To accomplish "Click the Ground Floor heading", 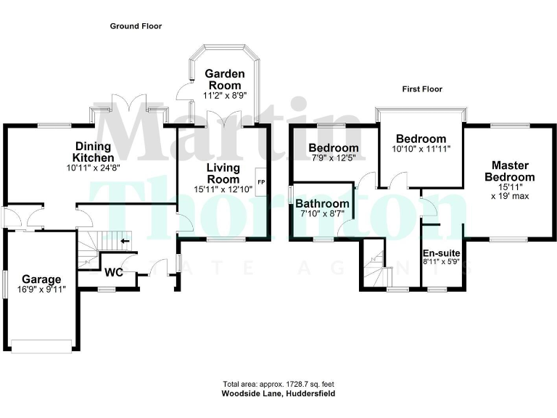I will pos(136,26).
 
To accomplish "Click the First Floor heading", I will pos(422,89).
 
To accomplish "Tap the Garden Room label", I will pos(223,80).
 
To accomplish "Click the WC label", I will pos(113,273).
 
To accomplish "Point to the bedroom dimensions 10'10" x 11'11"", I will pos(421,149).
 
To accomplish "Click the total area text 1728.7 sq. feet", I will pos(278,384).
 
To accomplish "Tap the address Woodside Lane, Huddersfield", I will pos(278,393).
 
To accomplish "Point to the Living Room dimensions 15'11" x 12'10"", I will pos(223,189).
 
